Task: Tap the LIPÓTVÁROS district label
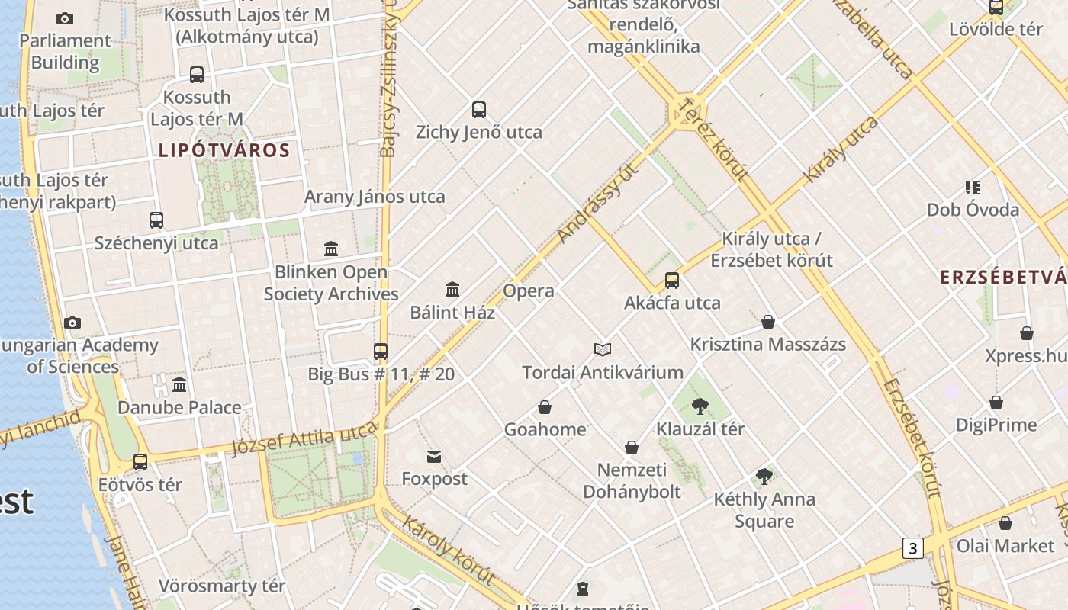pyautogui.click(x=224, y=150)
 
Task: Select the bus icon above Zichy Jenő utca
pyautogui.click(x=479, y=110)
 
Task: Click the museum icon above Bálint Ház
pyautogui.click(x=452, y=290)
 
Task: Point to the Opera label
pyautogui.click(x=529, y=291)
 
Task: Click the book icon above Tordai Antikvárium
pyautogui.click(x=603, y=350)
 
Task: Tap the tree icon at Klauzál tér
pyautogui.click(x=700, y=406)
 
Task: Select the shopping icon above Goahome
pyautogui.click(x=545, y=407)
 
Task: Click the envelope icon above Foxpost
pyautogui.click(x=434, y=457)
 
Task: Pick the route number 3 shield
pyautogui.click(x=912, y=547)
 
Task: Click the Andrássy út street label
pyautogui.click(x=597, y=204)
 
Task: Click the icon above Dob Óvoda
pyautogui.click(x=973, y=187)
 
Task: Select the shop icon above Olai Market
pyautogui.click(x=1005, y=523)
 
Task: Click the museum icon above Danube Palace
pyautogui.click(x=179, y=384)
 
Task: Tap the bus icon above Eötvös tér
pyautogui.click(x=140, y=462)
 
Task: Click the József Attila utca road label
pyautogui.click(x=304, y=440)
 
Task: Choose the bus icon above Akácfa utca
pyautogui.click(x=672, y=281)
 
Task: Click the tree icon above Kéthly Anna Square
pyautogui.click(x=764, y=477)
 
